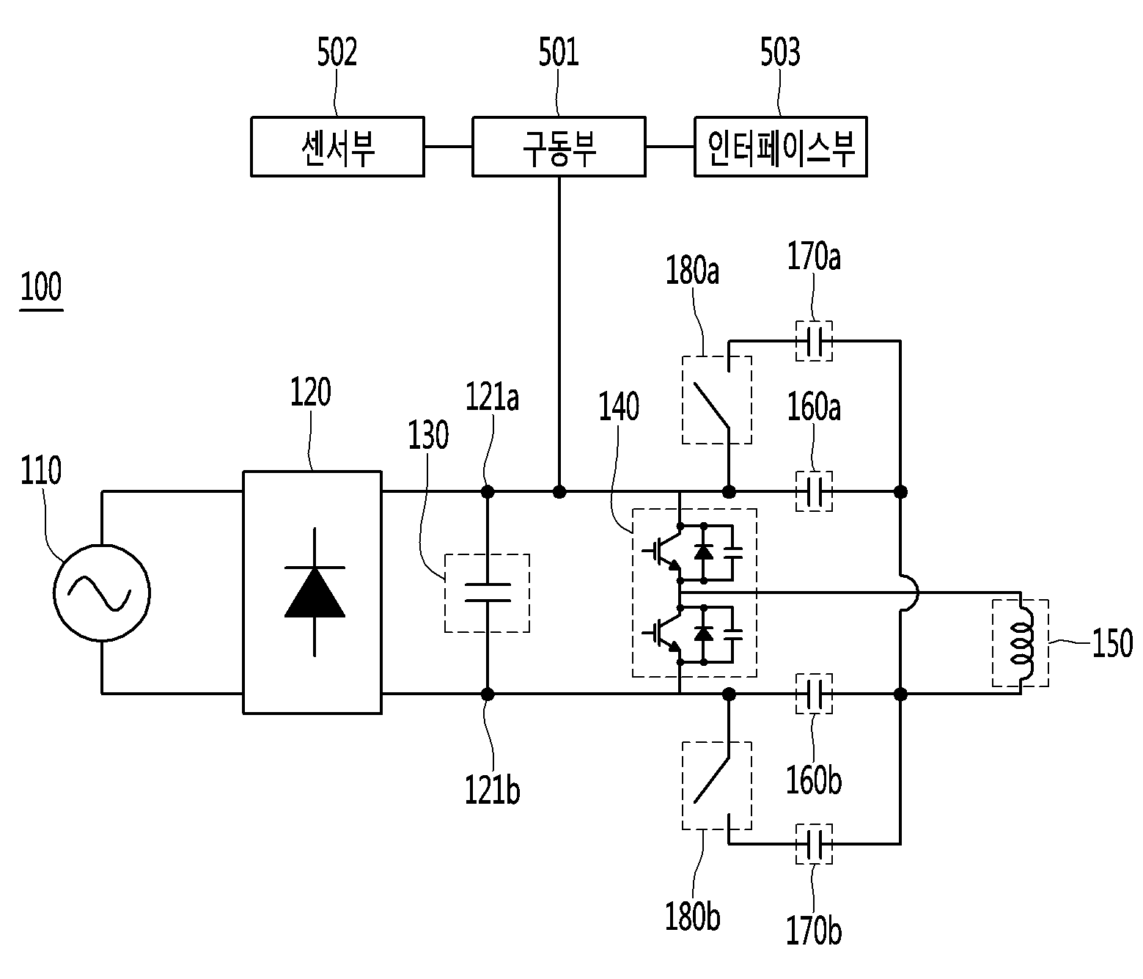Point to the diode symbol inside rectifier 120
315,592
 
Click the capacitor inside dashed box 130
487,593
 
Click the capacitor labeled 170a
814,341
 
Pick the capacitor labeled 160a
814,491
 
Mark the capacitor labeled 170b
814,844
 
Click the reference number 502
337,53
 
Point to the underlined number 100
41,287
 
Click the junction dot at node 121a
487,491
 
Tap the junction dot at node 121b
487,694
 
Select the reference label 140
619,406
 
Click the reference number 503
780,53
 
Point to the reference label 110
41,471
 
